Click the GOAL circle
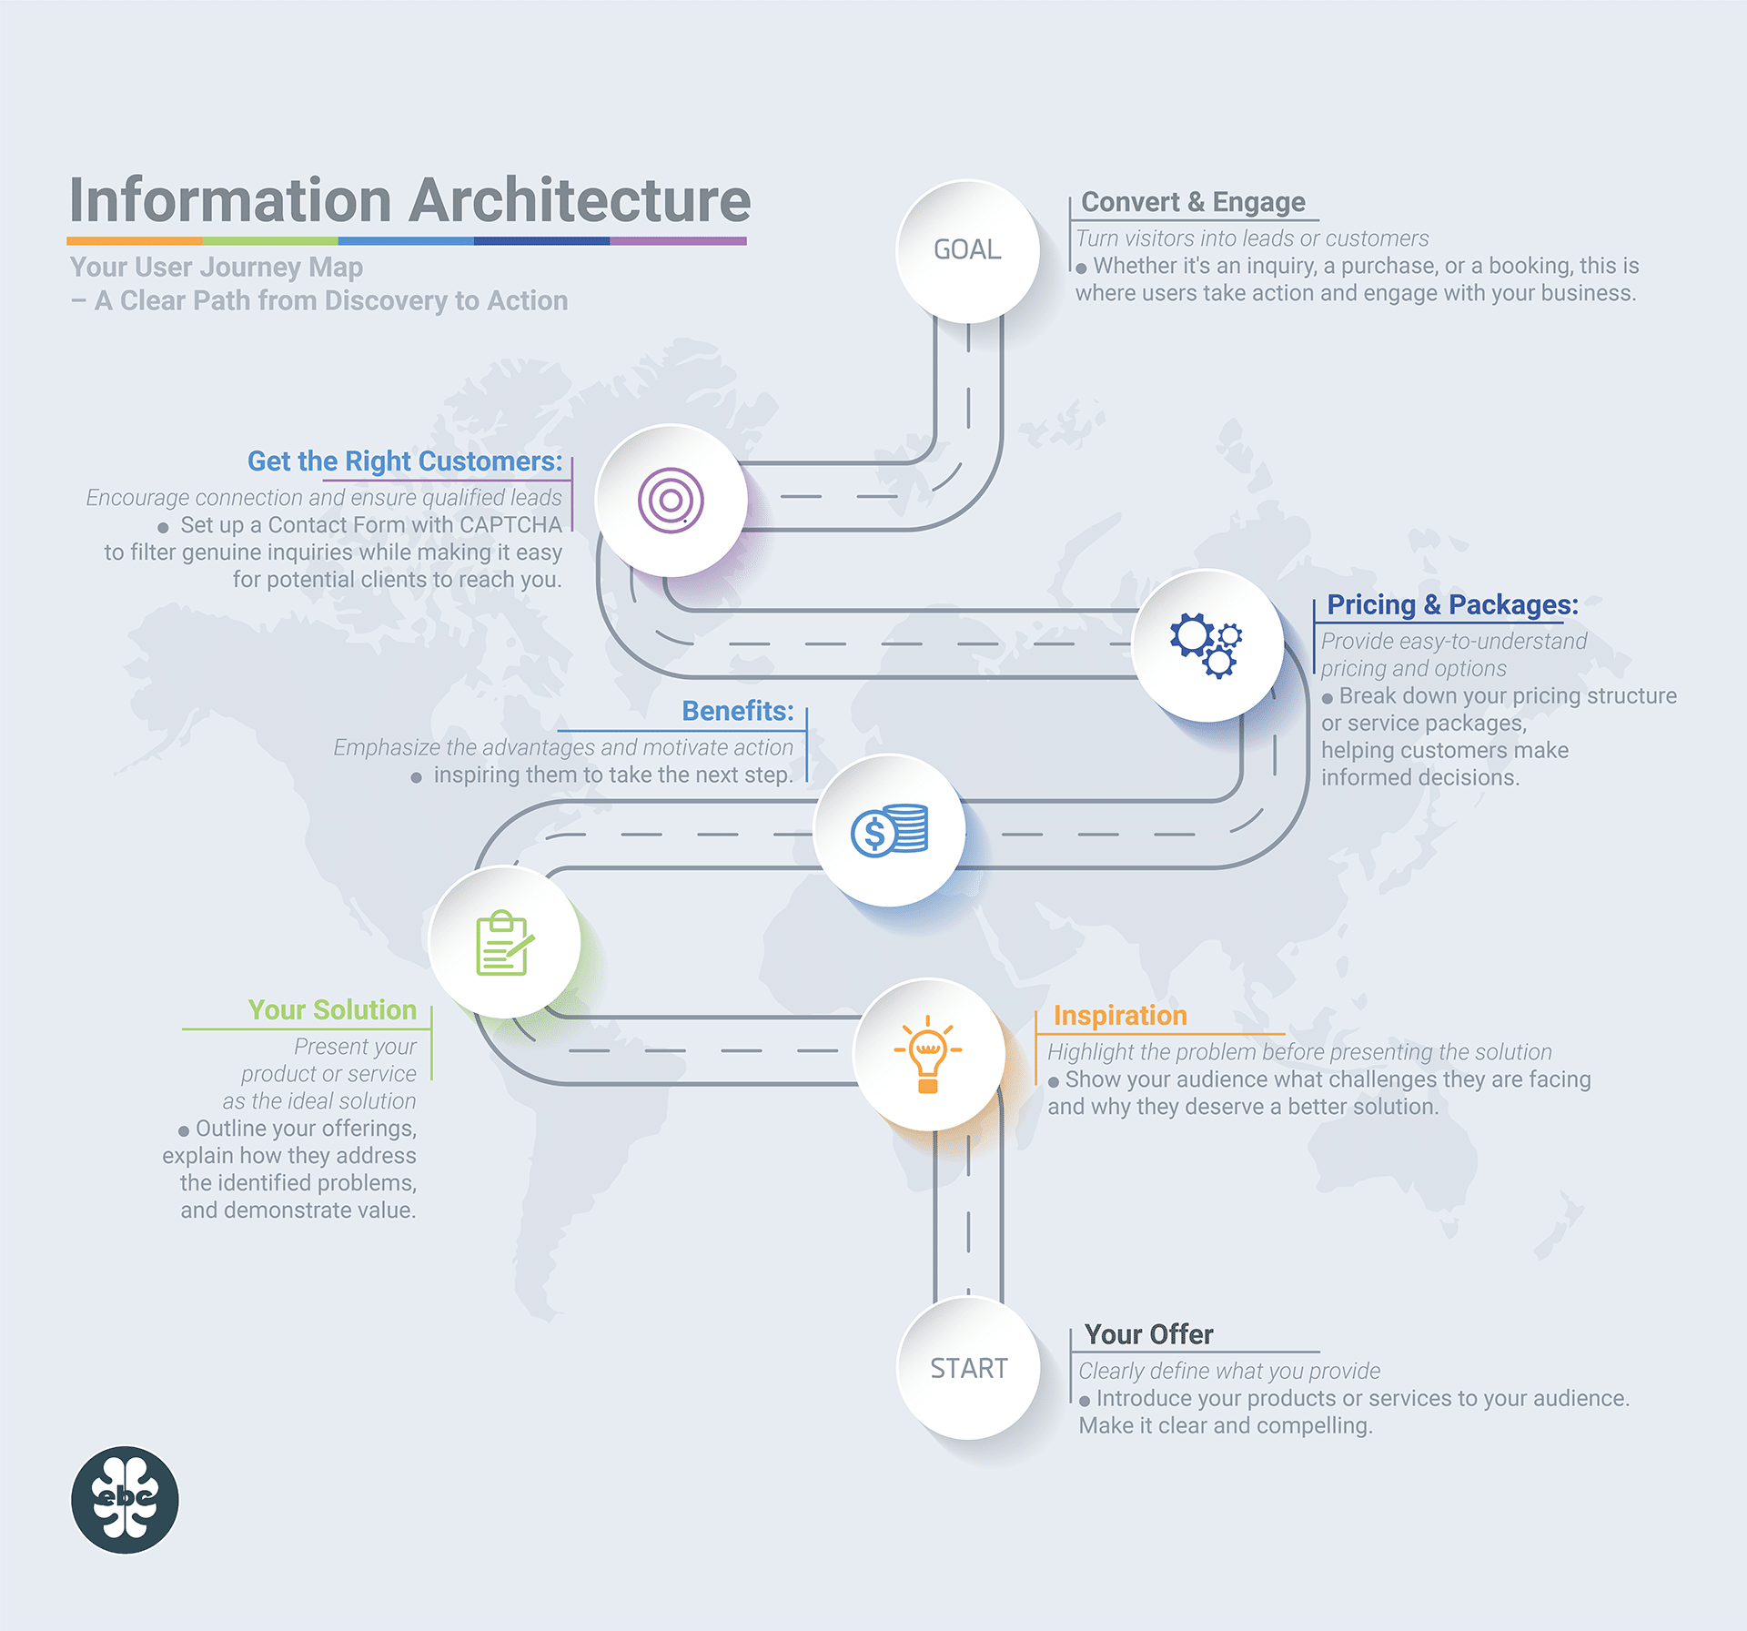click(967, 250)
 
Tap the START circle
click(968, 1368)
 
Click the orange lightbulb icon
click(928, 1054)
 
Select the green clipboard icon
click(504, 943)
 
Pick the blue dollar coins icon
click(889, 829)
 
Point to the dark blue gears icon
click(1207, 645)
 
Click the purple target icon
click(671, 501)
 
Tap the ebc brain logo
click(125, 1500)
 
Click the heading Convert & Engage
click(1193, 202)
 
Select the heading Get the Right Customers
click(405, 461)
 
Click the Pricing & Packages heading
click(1452, 604)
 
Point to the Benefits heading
click(738, 711)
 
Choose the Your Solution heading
click(332, 1010)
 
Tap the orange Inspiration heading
click(1120, 1016)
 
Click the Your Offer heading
click(1148, 1334)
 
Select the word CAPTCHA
click(510, 525)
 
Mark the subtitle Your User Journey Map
click(217, 268)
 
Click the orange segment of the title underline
click(135, 241)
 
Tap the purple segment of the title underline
click(678, 241)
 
